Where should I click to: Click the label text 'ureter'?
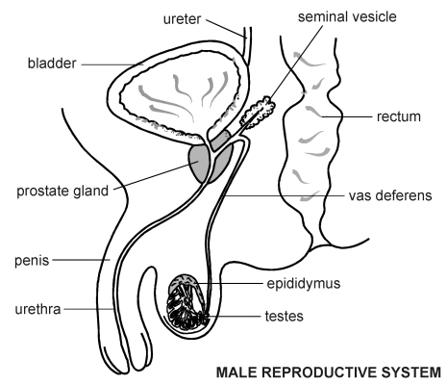coord(182,19)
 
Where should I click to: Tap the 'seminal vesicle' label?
coord(347,16)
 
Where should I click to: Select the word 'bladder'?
coord(52,64)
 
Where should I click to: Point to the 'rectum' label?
coord(399,116)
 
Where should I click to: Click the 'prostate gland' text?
coord(62,192)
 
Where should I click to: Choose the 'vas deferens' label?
coord(390,195)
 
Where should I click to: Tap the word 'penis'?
coord(32,261)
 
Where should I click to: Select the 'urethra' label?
coord(37,309)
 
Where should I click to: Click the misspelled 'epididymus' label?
coord(304,284)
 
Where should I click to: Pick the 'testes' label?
coord(284,317)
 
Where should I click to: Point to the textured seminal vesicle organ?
coord(258,112)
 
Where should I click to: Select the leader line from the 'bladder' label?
coord(108,64)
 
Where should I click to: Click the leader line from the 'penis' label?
coord(81,260)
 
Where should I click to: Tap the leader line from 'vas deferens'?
coord(285,195)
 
